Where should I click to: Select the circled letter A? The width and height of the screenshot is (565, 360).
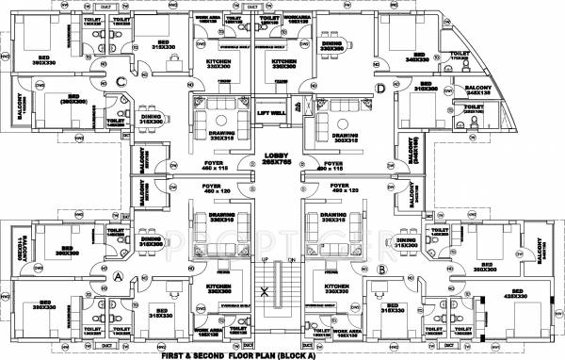[x=119, y=277]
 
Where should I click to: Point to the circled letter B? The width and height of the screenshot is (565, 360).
[x=380, y=270]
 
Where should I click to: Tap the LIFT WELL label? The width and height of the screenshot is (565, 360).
[x=270, y=113]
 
